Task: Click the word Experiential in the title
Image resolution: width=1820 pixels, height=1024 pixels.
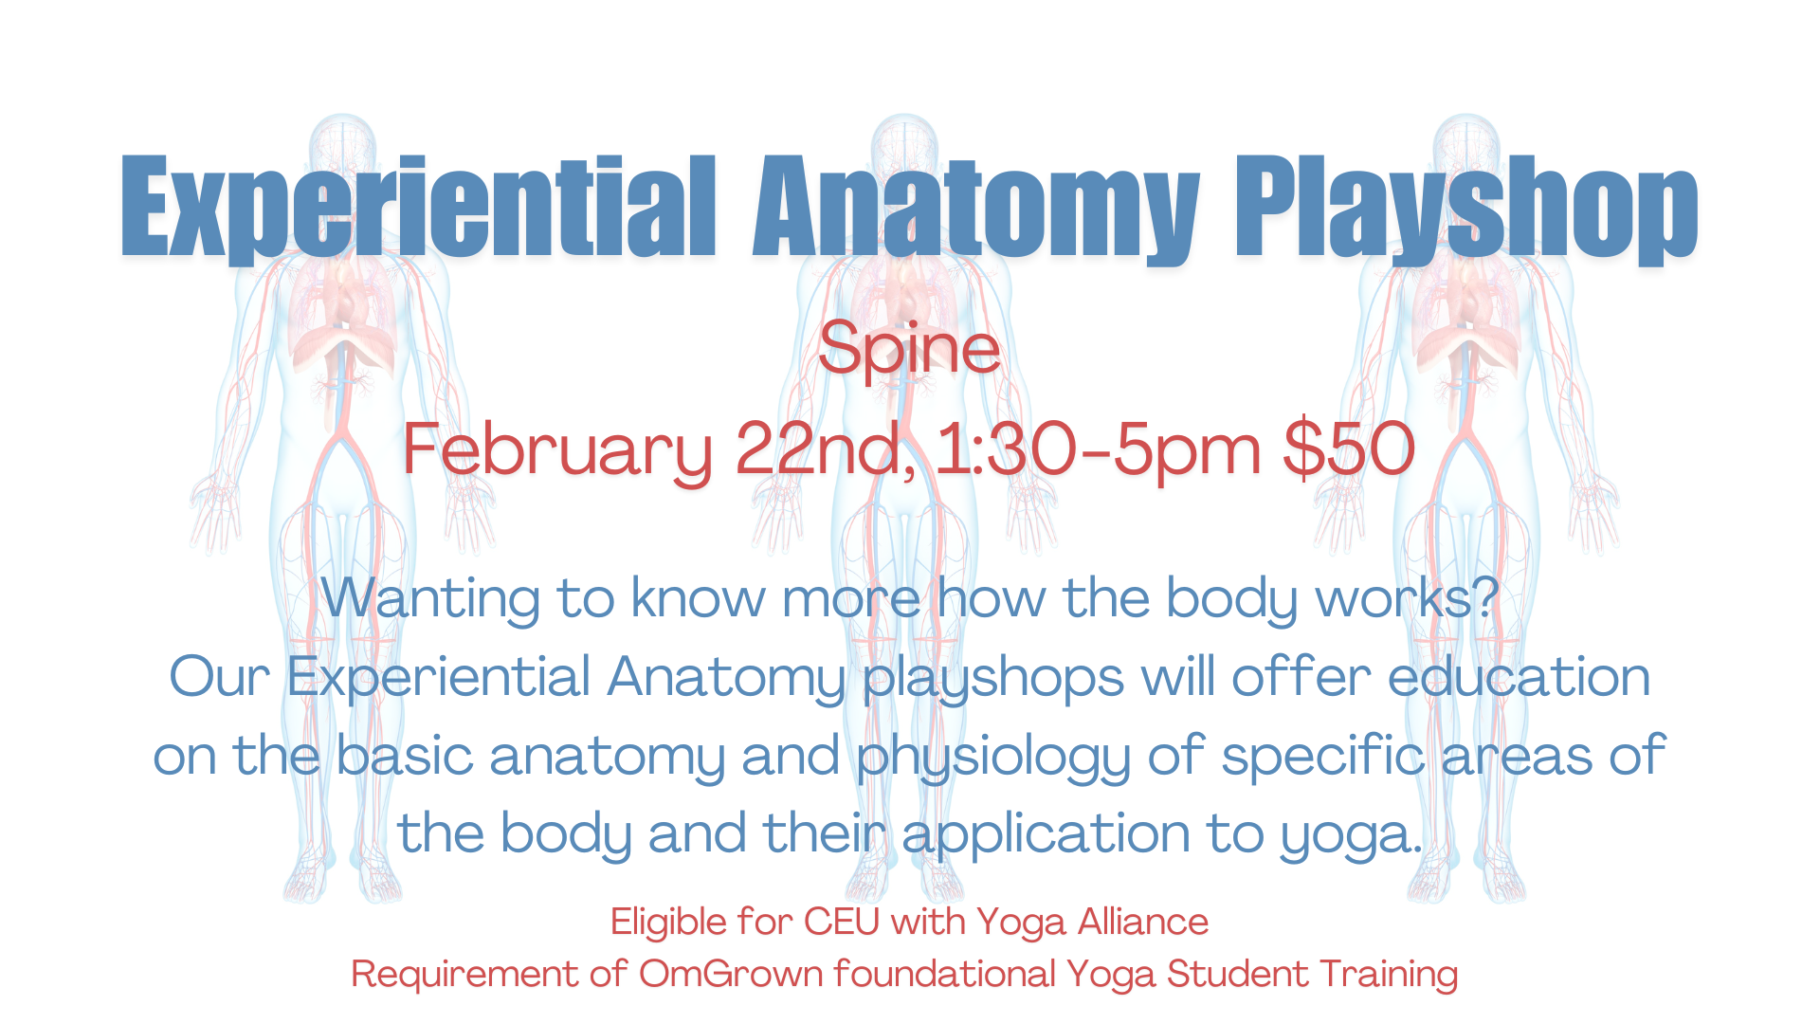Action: point(417,207)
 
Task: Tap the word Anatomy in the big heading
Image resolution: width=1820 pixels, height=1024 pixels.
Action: point(976,207)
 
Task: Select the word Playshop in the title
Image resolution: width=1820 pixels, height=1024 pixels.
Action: point(1465,207)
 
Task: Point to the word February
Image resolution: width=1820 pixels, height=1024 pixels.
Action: point(556,449)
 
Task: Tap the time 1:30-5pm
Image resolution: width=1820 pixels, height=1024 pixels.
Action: point(1099,449)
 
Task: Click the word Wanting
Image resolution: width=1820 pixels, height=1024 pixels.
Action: point(429,599)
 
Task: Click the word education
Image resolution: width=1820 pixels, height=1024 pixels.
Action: point(1519,678)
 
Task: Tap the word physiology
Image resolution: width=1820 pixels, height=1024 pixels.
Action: point(993,758)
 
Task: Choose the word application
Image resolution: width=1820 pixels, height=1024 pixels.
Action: point(1045,834)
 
